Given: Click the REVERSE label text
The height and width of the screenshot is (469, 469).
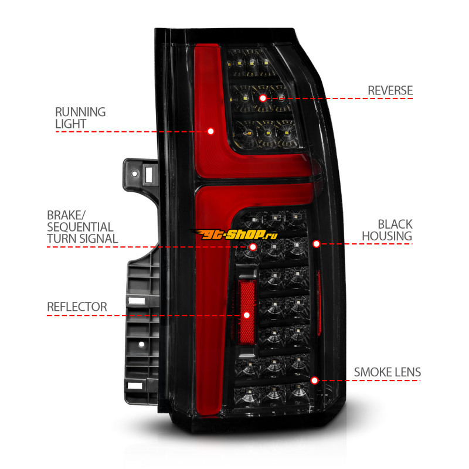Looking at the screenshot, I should click(x=390, y=90).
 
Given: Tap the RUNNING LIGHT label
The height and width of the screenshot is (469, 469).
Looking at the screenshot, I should click(x=80, y=117).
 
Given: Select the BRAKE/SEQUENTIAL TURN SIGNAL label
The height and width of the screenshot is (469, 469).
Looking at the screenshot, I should click(x=81, y=226).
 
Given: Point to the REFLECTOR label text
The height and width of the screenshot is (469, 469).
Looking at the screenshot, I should click(x=77, y=307).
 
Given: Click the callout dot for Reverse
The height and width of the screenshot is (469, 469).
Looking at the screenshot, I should click(x=263, y=98).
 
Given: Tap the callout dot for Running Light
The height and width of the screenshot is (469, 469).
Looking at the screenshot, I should click(x=210, y=131).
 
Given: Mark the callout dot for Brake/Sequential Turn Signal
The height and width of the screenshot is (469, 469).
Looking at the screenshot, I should click(x=253, y=247).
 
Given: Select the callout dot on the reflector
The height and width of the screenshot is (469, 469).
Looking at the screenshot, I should click(x=246, y=315).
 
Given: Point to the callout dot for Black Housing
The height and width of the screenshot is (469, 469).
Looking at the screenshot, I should click(x=316, y=243).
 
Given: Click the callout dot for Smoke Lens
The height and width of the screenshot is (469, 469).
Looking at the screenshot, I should click(x=315, y=380).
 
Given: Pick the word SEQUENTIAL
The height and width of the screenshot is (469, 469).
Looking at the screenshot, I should click(x=81, y=226).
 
